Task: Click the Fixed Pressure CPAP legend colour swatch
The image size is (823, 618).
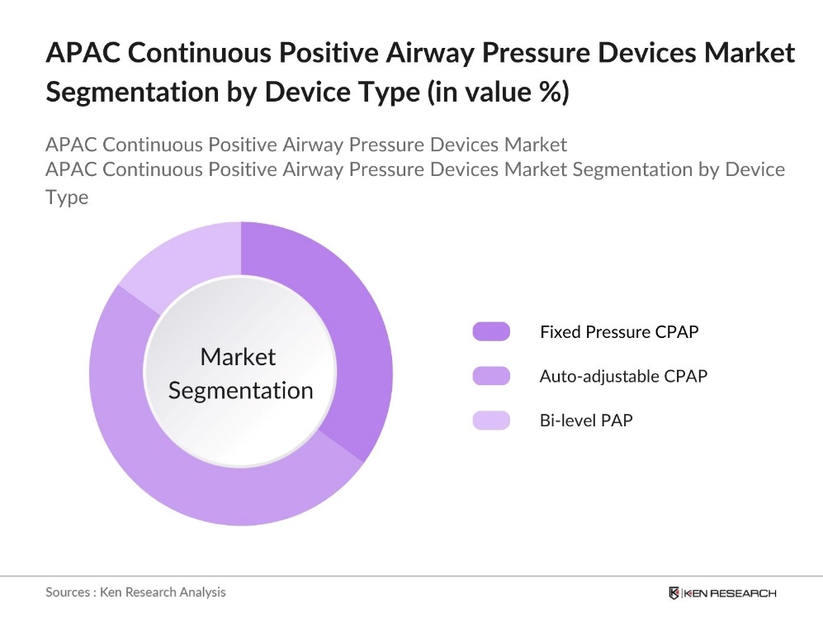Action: point(491,332)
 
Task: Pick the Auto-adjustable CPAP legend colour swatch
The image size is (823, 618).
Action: point(491,376)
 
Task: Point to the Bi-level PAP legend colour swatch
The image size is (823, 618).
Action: point(491,421)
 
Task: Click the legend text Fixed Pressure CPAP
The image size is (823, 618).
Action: point(619,332)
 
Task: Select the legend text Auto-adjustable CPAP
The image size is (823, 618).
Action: point(623,376)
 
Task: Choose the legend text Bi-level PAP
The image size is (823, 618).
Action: point(586,421)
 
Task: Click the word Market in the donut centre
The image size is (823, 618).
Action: point(239,357)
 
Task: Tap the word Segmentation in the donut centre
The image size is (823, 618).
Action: point(240,390)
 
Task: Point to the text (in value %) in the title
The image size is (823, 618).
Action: point(498,92)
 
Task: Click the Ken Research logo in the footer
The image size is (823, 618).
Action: point(722,592)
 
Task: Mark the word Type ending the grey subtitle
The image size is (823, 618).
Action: point(67,197)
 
